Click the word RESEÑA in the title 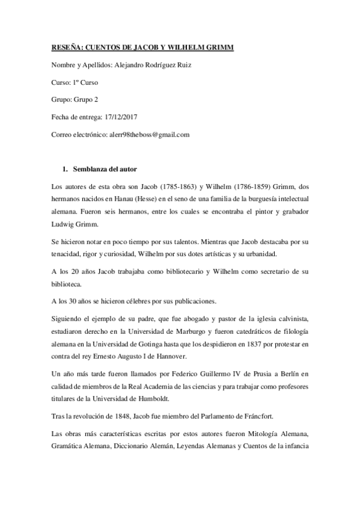(62, 47)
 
